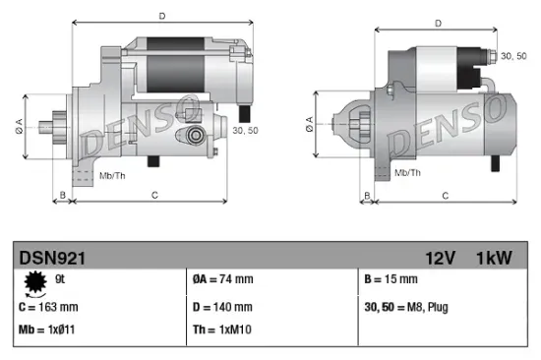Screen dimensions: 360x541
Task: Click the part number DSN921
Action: click(x=52, y=259)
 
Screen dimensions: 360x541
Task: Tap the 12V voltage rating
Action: click(x=440, y=259)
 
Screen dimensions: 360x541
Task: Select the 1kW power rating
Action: click(x=491, y=259)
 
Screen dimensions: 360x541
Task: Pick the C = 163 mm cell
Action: click(x=50, y=307)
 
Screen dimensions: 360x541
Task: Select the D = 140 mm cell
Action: click(x=222, y=307)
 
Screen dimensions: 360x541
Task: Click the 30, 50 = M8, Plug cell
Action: click(x=405, y=307)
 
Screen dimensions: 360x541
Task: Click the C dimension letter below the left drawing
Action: click(x=155, y=197)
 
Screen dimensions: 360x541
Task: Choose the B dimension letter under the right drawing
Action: click(x=366, y=197)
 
